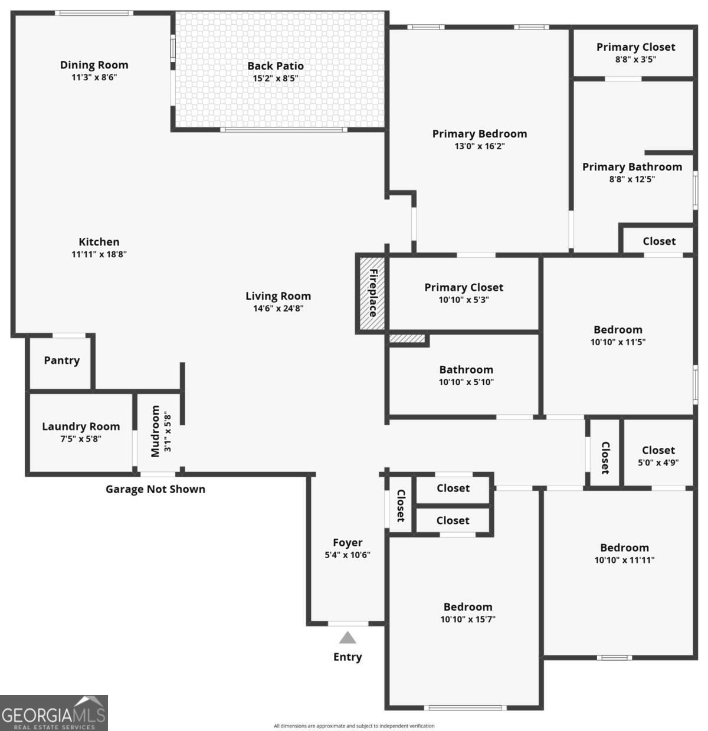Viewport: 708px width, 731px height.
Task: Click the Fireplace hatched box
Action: [372, 293]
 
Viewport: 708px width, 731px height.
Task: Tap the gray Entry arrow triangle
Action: [348, 638]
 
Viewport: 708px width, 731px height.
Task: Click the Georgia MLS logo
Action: [54, 713]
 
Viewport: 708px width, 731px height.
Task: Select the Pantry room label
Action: [61, 360]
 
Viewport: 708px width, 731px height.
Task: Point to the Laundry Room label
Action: [81, 426]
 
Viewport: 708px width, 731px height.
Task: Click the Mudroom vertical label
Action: [155, 431]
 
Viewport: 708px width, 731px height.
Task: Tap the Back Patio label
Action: [276, 66]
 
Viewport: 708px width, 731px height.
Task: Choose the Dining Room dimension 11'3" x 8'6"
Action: [94, 77]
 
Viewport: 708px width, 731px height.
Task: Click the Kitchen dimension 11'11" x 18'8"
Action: [99, 254]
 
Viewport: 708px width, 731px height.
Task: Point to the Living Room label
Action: [278, 296]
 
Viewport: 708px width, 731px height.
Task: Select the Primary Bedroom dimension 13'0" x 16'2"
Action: [479, 146]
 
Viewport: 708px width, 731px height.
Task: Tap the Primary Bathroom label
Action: [632, 167]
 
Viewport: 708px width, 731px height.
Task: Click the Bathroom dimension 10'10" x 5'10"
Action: [466, 382]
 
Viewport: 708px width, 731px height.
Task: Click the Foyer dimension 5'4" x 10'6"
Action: [348, 555]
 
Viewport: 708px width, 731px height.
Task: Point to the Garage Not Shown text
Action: [155, 489]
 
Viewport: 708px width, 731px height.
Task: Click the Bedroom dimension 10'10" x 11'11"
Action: [624, 560]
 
